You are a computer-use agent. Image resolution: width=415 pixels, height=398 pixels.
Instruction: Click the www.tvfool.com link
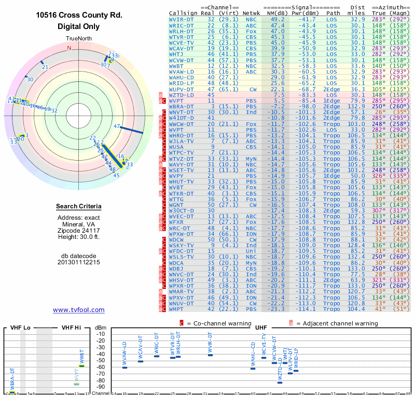click(79, 310)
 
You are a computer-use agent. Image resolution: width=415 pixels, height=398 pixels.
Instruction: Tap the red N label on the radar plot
click(69, 48)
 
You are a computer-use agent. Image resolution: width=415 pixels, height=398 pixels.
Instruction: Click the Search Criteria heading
click(79, 207)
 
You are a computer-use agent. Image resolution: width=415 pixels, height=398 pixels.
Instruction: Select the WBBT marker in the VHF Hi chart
click(81, 366)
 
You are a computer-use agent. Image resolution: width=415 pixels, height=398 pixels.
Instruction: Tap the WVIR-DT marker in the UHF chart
click(210, 355)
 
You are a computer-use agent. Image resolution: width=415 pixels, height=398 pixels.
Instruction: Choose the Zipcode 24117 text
click(79, 230)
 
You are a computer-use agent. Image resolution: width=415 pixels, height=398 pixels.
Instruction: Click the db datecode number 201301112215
click(79, 262)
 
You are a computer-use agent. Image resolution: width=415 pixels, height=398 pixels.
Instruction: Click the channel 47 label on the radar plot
click(117, 126)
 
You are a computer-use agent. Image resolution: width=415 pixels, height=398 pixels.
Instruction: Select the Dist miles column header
click(357, 10)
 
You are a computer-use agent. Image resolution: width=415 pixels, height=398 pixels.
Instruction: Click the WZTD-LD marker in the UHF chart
click(280, 382)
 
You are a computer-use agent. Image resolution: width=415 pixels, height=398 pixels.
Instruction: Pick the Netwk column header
click(252, 13)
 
